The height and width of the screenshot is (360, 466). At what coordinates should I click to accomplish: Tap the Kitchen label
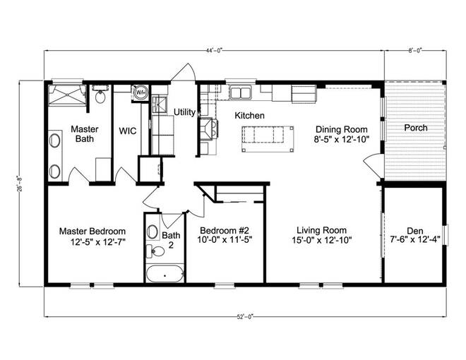249,116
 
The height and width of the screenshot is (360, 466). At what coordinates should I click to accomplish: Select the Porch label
416,128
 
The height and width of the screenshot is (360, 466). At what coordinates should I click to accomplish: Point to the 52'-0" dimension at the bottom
245,317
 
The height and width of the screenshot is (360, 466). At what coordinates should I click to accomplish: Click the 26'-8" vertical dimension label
20,184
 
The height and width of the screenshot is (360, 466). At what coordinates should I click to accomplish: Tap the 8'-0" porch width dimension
415,51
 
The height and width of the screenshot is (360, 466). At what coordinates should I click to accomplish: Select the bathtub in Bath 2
165,274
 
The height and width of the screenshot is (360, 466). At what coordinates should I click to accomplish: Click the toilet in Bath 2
155,251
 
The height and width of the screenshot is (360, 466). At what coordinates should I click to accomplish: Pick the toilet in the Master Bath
100,94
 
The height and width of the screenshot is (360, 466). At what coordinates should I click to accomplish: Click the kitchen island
268,139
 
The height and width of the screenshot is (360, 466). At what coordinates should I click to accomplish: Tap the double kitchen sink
240,92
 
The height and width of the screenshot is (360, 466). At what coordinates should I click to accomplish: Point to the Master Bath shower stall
68,95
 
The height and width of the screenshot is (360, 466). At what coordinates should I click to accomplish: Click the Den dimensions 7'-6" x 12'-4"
415,240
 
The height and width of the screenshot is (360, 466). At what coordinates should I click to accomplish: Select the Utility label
184,112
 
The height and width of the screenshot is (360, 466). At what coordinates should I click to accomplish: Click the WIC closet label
128,131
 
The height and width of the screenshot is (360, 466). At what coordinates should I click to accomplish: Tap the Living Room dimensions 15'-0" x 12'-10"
322,240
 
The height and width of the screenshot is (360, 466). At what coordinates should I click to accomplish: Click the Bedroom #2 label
225,231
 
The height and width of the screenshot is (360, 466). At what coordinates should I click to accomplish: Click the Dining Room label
342,129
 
